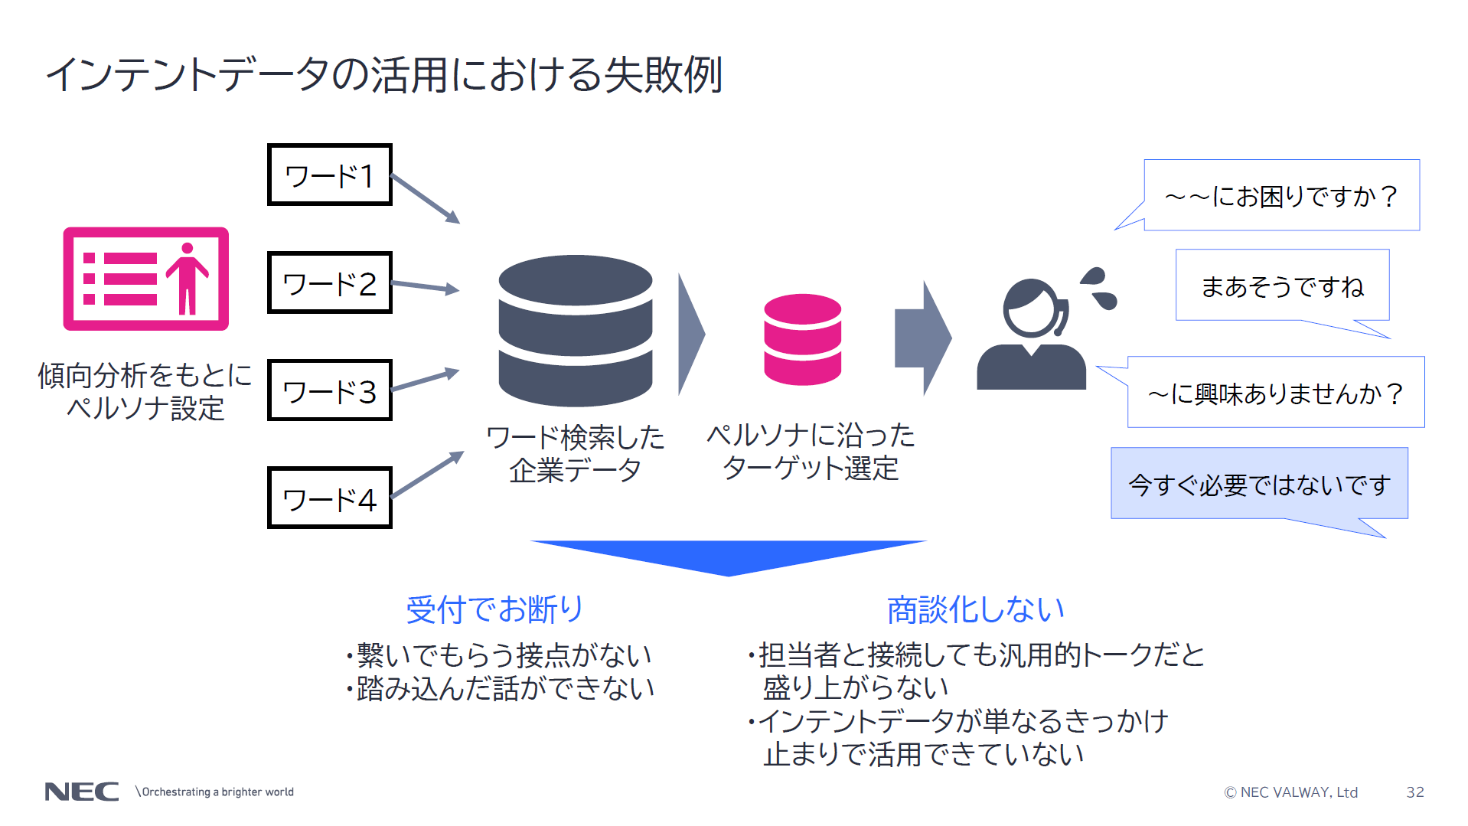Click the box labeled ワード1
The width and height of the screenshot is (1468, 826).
[329, 175]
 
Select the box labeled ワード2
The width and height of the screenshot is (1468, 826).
[329, 283]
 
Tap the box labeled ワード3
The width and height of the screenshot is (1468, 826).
[329, 390]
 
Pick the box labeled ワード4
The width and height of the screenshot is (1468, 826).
[329, 498]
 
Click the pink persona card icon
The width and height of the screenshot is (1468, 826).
[145, 279]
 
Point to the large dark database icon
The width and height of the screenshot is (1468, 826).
[575, 331]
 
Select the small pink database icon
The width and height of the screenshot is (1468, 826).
[802, 339]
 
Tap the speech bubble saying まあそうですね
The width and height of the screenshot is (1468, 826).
[1282, 286]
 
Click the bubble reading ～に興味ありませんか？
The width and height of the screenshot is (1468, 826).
[1275, 393]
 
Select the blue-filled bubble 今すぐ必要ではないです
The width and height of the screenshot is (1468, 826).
[1259, 484]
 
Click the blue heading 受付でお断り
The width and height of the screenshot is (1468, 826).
[494, 609]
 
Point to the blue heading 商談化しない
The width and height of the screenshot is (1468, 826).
[975, 609]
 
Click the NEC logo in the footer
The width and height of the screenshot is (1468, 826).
[82, 792]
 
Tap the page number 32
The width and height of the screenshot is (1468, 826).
[1414, 792]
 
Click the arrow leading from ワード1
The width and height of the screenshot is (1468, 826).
[425, 199]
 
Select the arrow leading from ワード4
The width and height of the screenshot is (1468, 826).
[427, 475]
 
